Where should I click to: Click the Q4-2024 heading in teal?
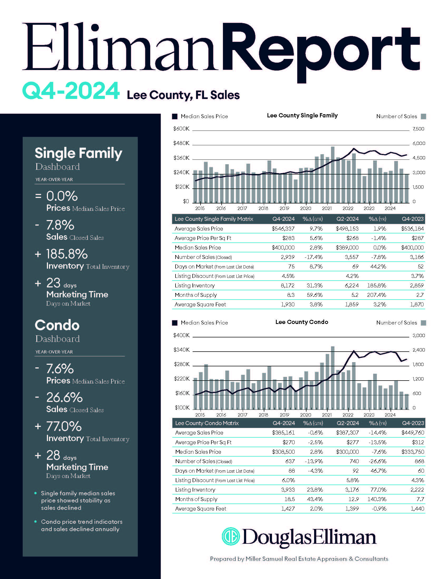pyautogui.click(x=71, y=91)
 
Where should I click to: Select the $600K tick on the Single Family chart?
pyautogui.click(x=181, y=129)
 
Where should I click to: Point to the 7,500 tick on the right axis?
pyautogui.click(x=418, y=129)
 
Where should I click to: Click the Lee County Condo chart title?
pyautogui.click(x=301, y=322)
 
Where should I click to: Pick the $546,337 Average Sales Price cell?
pyautogui.click(x=283, y=228)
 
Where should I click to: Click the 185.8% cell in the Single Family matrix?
pyautogui.click(x=376, y=286)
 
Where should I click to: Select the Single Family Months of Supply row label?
pyautogui.click(x=196, y=295)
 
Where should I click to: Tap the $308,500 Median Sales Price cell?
pyautogui.click(x=283, y=452)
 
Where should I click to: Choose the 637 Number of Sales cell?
pyautogui.click(x=290, y=461)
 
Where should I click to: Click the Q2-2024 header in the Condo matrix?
pyautogui.click(x=348, y=423)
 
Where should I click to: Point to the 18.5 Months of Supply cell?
pyautogui.click(x=290, y=499)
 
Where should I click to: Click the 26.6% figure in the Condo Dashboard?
pyautogui.click(x=65, y=397)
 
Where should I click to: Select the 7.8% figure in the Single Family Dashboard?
pyautogui.click(x=60, y=225)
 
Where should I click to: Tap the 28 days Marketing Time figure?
pyautogui.click(x=53, y=455)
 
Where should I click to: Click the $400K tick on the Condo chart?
pyautogui.click(x=182, y=335)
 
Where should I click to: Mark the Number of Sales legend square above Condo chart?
pyautogui.click(x=423, y=323)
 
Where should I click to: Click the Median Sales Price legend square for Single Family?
pyautogui.click(x=175, y=116)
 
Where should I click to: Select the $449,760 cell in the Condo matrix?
pyautogui.click(x=413, y=433)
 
